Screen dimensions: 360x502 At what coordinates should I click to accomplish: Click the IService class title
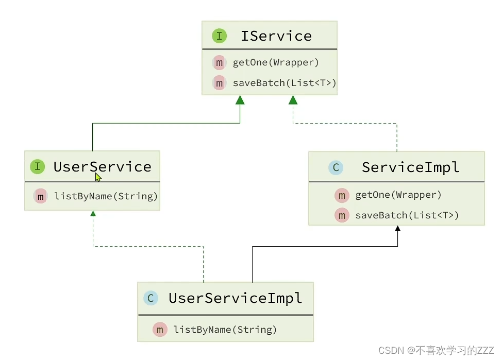click(x=276, y=36)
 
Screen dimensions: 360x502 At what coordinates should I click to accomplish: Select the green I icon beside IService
click(x=219, y=36)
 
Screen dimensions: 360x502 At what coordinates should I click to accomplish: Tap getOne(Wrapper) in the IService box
click(x=276, y=63)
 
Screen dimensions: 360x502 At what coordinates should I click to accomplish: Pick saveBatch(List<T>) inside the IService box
click(x=284, y=83)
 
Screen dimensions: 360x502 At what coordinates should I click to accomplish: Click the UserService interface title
click(x=102, y=167)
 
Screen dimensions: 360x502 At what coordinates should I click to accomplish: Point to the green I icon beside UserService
click(x=37, y=167)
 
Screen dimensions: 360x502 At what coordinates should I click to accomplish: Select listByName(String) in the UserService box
click(x=106, y=196)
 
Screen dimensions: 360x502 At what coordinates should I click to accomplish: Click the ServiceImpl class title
click(x=410, y=167)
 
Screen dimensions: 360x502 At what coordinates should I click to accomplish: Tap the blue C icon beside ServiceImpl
click(x=336, y=167)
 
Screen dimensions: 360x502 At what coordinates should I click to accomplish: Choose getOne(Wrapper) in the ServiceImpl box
click(x=398, y=195)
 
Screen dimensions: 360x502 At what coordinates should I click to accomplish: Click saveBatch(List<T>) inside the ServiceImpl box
click(x=407, y=215)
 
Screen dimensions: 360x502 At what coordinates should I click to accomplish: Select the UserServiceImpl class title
click(x=235, y=298)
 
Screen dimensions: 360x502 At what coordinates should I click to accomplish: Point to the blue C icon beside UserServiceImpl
click(x=150, y=298)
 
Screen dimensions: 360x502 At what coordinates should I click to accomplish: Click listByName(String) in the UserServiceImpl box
click(x=225, y=330)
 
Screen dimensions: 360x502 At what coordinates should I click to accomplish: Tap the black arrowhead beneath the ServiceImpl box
click(x=397, y=229)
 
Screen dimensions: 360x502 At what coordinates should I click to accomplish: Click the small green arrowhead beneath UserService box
click(x=93, y=213)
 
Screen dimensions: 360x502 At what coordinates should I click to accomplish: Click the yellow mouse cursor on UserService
click(x=98, y=177)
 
